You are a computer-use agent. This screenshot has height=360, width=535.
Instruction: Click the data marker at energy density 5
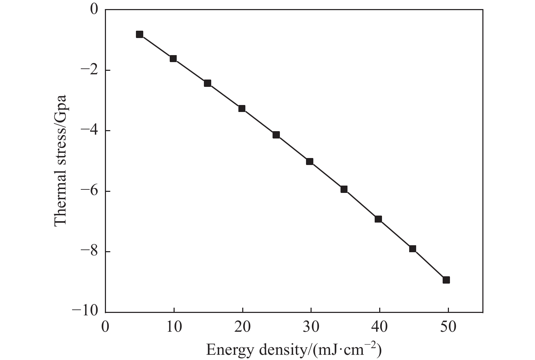coord(139,34)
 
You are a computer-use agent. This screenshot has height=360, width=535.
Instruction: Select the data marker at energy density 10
coord(173,59)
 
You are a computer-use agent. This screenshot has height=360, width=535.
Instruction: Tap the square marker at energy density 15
coord(207,83)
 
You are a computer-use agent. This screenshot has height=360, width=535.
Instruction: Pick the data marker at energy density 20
coord(242,108)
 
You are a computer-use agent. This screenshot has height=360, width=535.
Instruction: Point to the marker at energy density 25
coord(276,135)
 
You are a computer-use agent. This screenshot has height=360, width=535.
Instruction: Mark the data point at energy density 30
coord(309,162)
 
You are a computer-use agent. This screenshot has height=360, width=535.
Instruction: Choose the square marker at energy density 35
coord(344,189)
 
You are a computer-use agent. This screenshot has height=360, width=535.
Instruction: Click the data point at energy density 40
coord(378,219)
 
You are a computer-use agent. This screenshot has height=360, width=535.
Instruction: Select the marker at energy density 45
coord(412,249)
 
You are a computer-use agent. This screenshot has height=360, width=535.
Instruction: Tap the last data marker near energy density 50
coord(446,280)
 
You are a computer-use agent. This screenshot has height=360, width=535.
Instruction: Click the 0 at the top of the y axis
coord(94,10)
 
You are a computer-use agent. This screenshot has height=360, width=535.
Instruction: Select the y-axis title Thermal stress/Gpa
coord(61,161)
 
